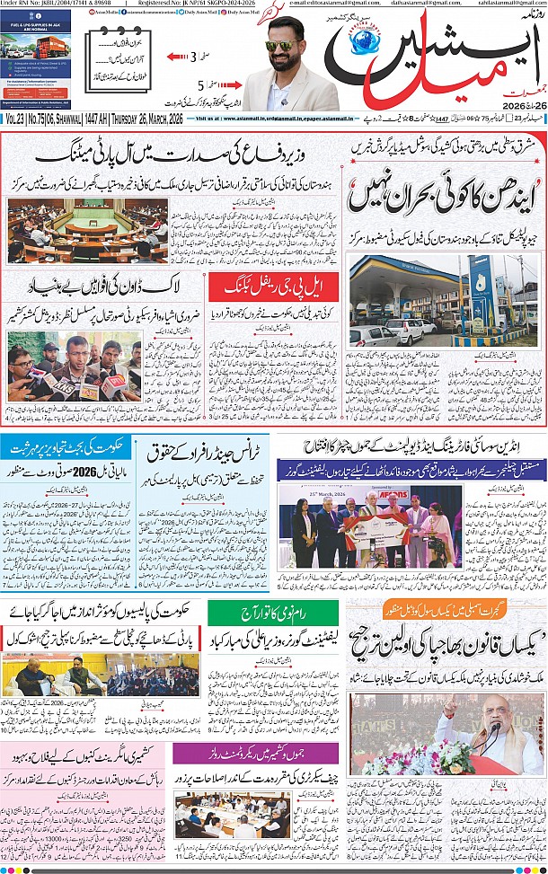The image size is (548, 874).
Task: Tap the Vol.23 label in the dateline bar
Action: (x=16, y=119)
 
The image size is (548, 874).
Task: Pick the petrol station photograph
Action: (x=442, y=301)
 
